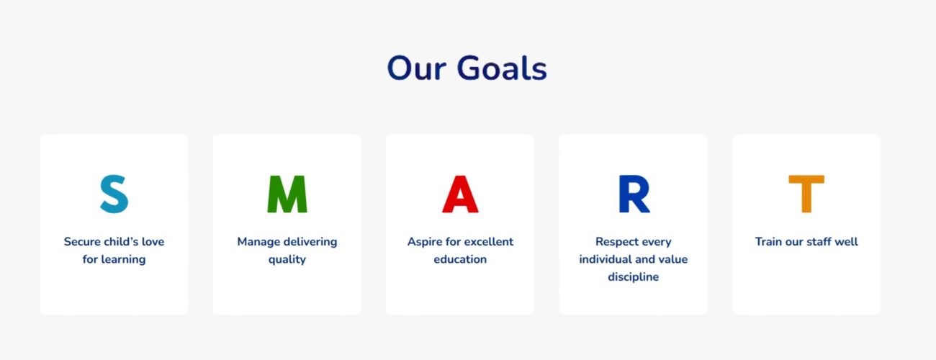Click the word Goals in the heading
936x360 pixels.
[502, 68]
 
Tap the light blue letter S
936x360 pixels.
[114, 194]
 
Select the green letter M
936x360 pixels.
[287, 194]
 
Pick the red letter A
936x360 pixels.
[460, 194]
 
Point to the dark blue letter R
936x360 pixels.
[634, 194]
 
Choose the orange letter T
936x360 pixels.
[806, 194]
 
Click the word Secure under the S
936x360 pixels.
[82, 242]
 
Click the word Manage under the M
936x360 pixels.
[258, 242]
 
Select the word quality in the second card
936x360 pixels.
[287, 260]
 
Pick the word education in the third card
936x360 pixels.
[460, 259]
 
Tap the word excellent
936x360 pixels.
[489, 242]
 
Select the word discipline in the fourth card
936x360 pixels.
[634, 277]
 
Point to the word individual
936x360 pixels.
[605, 259]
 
